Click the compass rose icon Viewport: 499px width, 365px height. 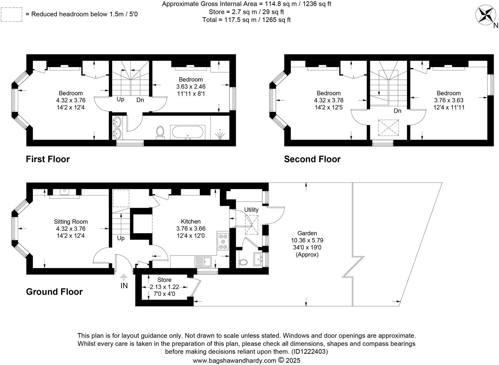(486, 14)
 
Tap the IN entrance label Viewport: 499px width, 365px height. (124, 286)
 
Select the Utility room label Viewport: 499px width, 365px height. (251, 210)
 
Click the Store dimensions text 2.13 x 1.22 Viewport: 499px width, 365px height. (164, 287)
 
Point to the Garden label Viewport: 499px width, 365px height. (307, 233)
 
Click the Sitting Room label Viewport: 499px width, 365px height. (71, 222)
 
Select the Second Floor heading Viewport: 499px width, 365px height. (312, 159)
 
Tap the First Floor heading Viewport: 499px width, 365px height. (48, 159)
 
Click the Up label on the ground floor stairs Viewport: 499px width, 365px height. (121, 238)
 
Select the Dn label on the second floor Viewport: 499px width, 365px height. (397, 111)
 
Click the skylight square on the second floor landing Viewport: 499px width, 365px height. (388, 128)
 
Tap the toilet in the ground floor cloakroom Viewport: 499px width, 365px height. (243, 262)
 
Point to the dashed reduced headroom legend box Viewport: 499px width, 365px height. (12, 14)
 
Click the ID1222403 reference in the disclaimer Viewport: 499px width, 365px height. (309, 352)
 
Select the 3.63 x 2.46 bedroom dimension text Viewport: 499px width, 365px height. (191, 87)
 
